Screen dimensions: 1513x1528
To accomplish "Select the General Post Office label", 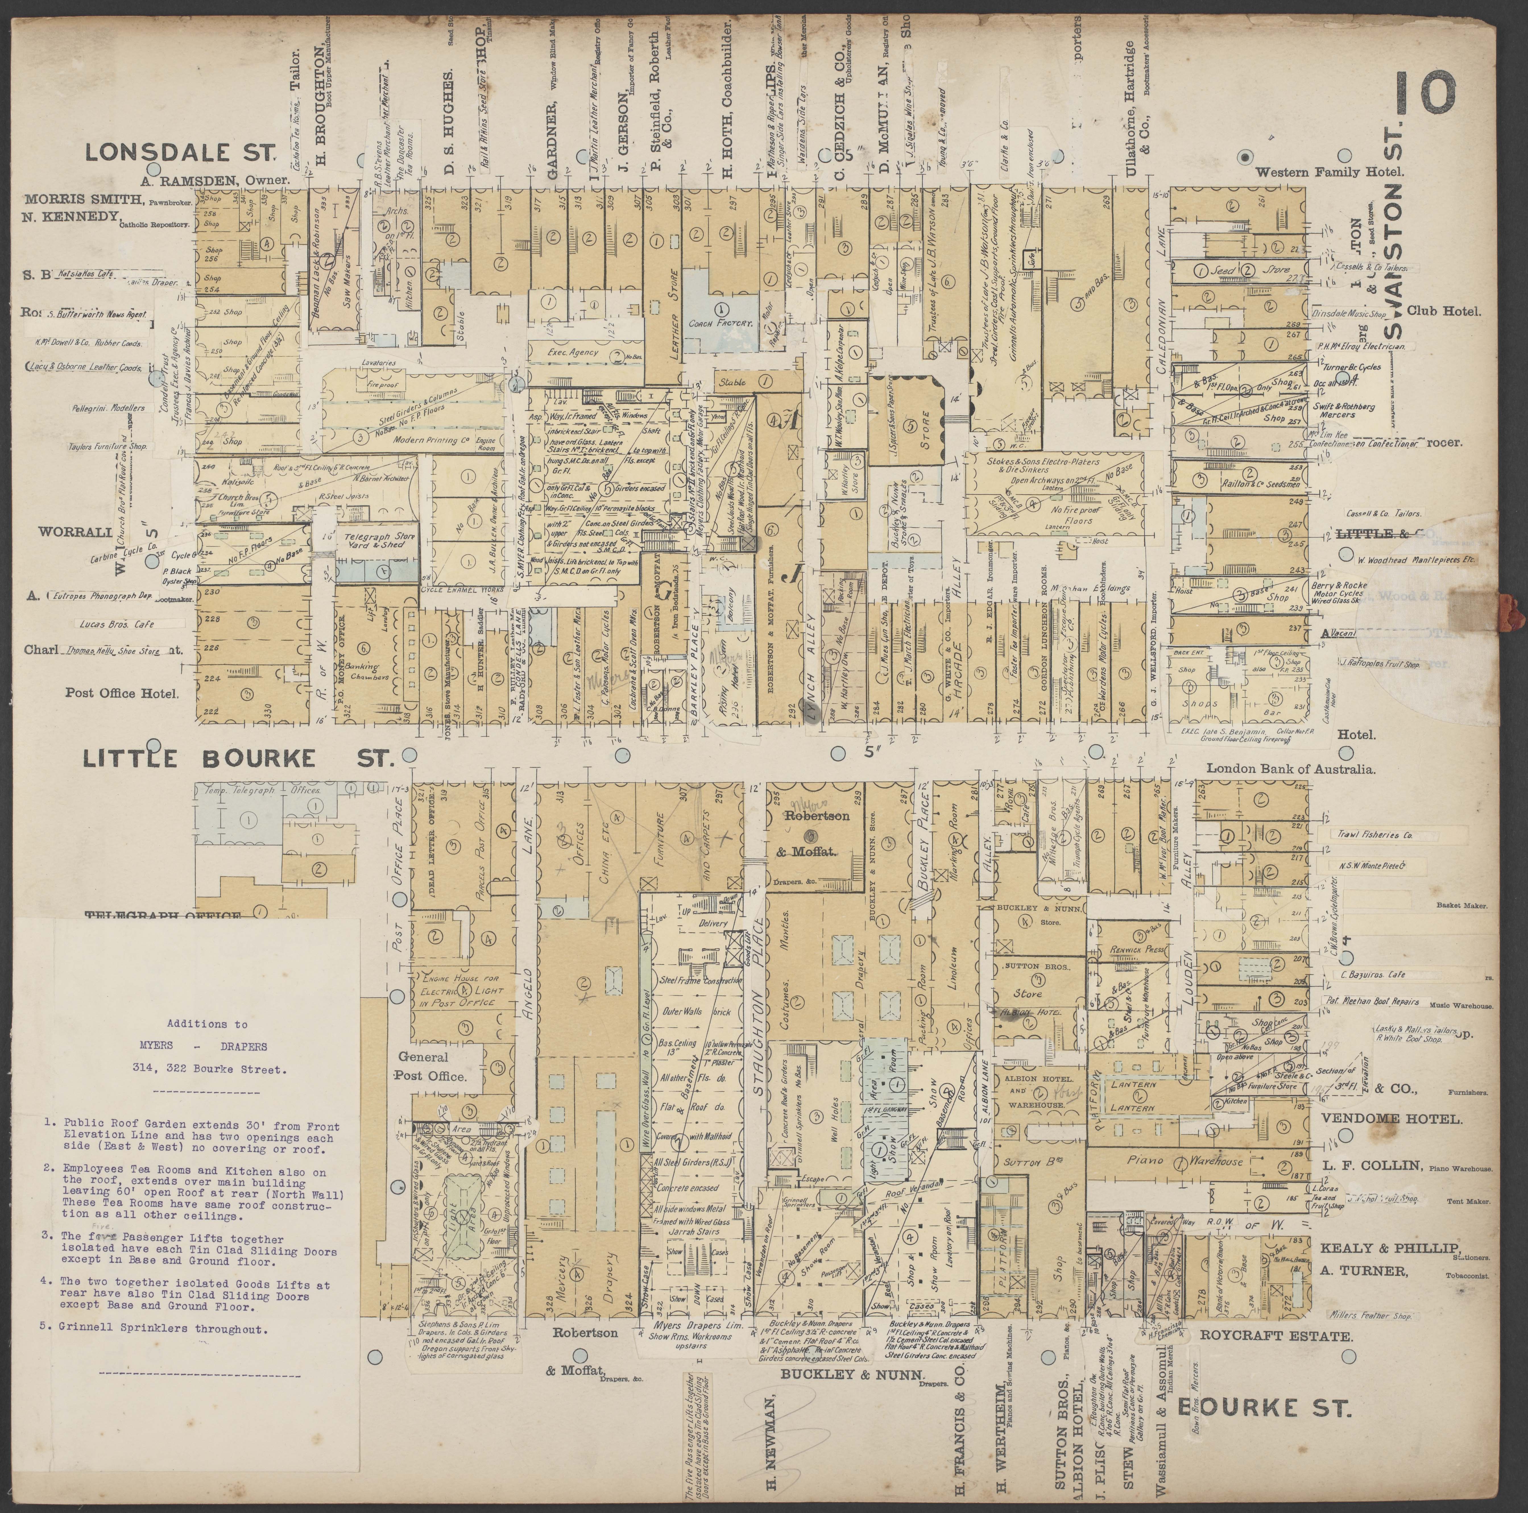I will pos(433,1066).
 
